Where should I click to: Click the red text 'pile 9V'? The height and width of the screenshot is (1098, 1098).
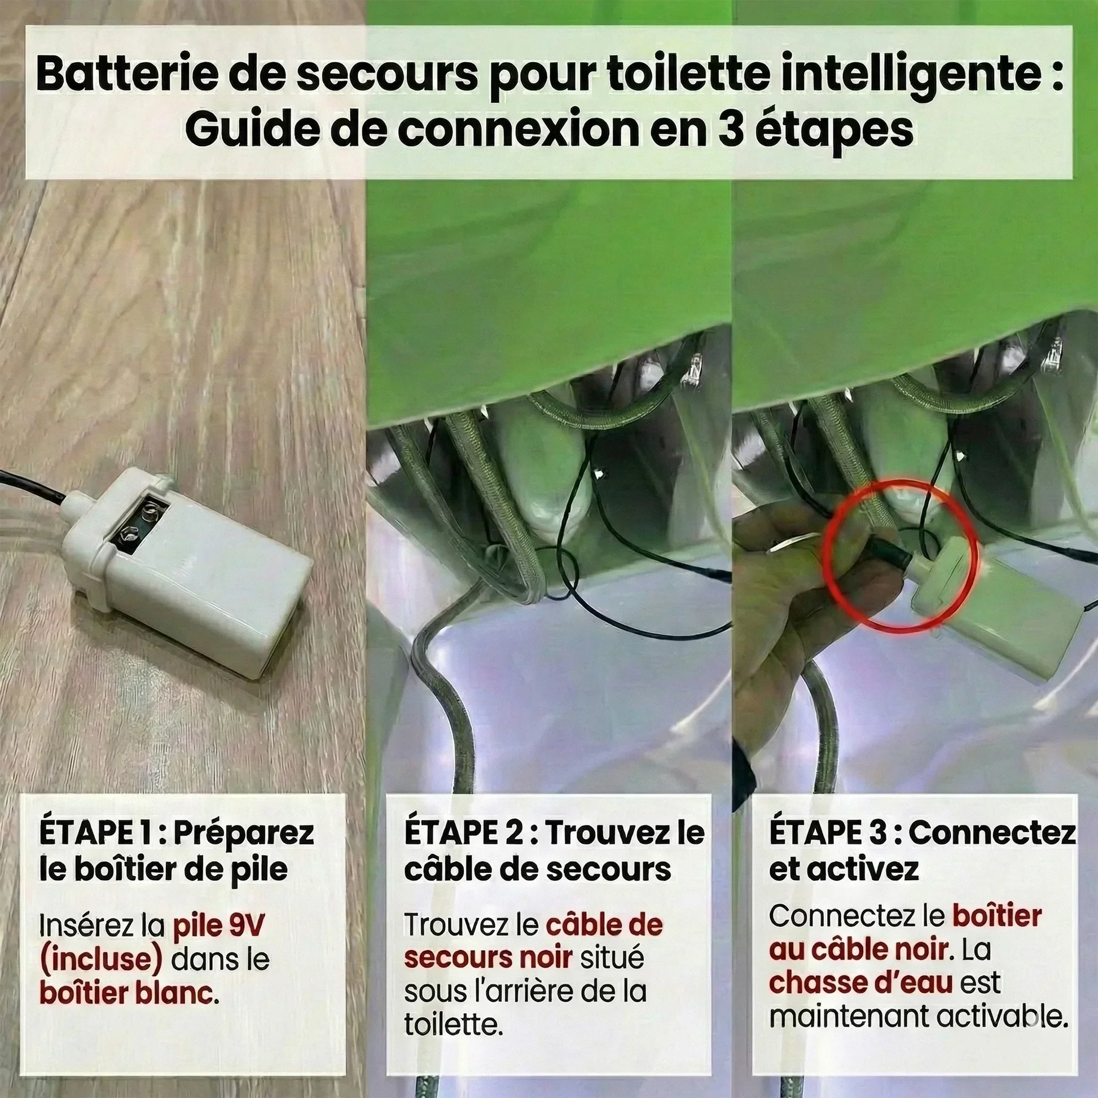click(219, 926)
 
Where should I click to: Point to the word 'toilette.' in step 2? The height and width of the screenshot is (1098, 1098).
click(454, 1025)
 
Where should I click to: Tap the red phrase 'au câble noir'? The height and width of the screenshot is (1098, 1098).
click(858, 950)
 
